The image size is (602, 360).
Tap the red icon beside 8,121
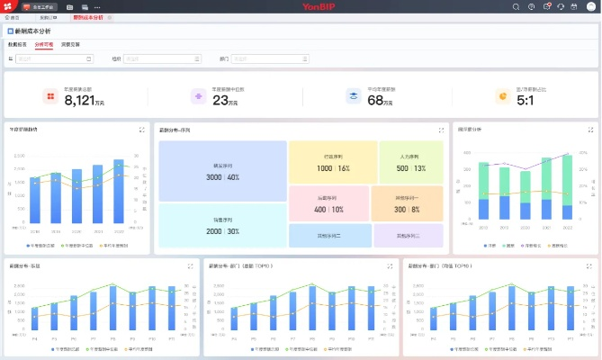50,96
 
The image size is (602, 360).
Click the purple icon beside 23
198,96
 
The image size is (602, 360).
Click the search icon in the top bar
516,6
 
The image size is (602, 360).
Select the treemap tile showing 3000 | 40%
221,171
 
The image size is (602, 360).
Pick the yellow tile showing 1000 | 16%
332,162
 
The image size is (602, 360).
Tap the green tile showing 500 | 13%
410,162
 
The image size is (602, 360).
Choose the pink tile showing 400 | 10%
328,203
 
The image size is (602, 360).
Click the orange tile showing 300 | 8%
407,203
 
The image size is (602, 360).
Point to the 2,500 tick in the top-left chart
19,155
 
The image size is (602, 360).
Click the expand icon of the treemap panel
441,130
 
